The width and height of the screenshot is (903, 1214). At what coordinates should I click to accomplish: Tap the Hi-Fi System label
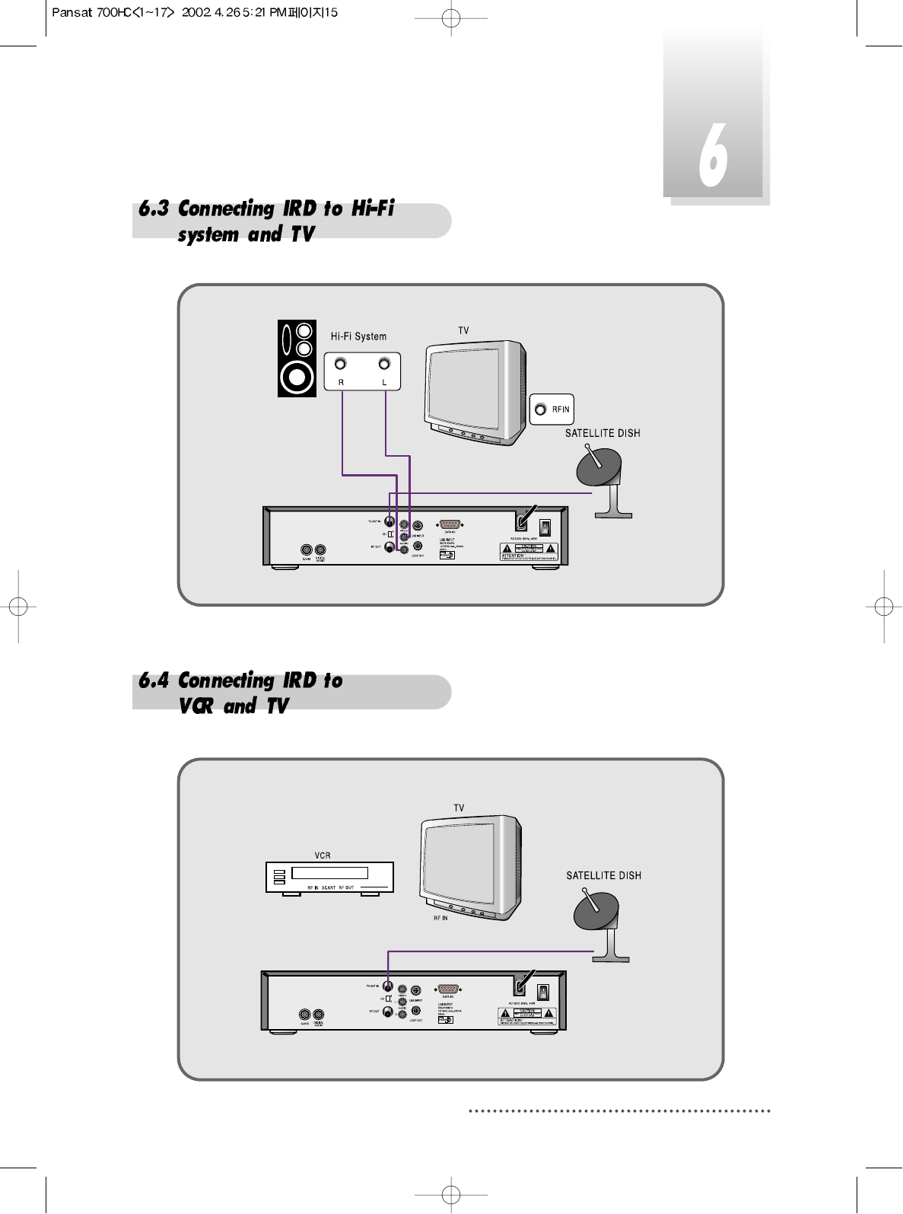(x=358, y=336)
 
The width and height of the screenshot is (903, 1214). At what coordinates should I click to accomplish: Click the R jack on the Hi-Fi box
(x=341, y=365)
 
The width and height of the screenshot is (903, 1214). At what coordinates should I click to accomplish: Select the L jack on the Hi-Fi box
(x=384, y=365)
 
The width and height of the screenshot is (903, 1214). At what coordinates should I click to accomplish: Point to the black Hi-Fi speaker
(x=297, y=358)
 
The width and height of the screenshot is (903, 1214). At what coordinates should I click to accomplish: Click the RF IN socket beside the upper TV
(x=541, y=409)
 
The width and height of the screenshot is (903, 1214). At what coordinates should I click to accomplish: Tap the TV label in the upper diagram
(x=463, y=330)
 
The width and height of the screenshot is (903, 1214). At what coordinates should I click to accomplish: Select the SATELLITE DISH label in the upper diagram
(x=603, y=433)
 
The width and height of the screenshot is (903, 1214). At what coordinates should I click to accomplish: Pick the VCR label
(x=323, y=856)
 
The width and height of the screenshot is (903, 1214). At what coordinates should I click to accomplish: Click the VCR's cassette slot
(x=329, y=873)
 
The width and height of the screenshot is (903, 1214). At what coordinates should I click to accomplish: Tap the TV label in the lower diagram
(x=459, y=808)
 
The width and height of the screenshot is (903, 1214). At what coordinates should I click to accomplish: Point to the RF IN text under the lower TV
(x=440, y=919)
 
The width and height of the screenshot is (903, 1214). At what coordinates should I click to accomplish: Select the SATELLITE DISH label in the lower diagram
(x=603, y=875)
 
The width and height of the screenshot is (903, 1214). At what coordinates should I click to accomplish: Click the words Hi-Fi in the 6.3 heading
(x=373, y=209)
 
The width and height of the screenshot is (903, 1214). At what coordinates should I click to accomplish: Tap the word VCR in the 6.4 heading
(x=196, y=706)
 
